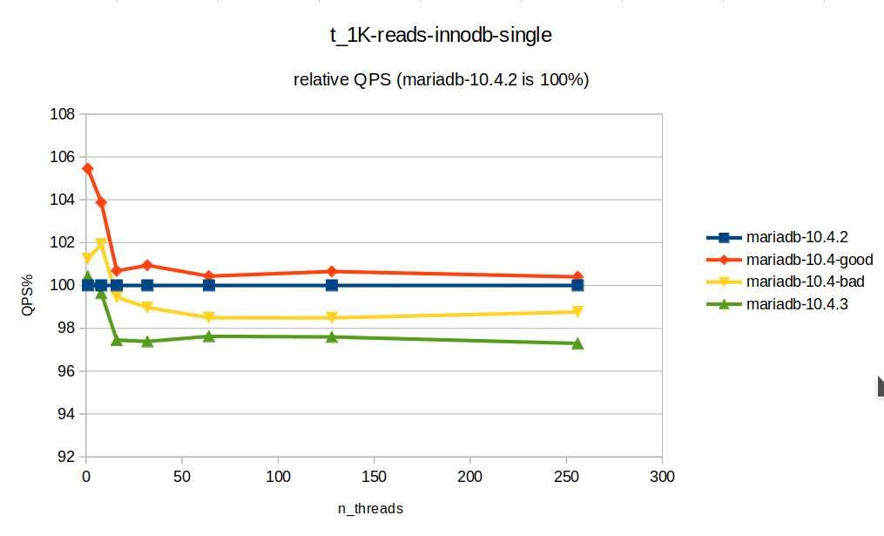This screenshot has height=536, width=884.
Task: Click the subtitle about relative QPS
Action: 442,80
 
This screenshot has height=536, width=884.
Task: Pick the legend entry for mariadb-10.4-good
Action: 809,260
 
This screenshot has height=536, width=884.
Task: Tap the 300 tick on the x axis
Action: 662,477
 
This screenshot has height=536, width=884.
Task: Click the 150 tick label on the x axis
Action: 374,477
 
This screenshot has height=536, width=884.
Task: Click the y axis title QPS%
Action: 28,284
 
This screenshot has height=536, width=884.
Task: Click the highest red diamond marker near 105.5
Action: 88,168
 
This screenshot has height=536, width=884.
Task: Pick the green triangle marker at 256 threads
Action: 577,343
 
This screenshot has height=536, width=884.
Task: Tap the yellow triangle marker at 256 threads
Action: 577,312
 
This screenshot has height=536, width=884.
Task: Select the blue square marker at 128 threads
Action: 332,285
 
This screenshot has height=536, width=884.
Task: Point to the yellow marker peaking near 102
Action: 101,244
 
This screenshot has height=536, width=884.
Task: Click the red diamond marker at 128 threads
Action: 332,271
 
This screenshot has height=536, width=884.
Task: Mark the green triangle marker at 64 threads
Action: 209,336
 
